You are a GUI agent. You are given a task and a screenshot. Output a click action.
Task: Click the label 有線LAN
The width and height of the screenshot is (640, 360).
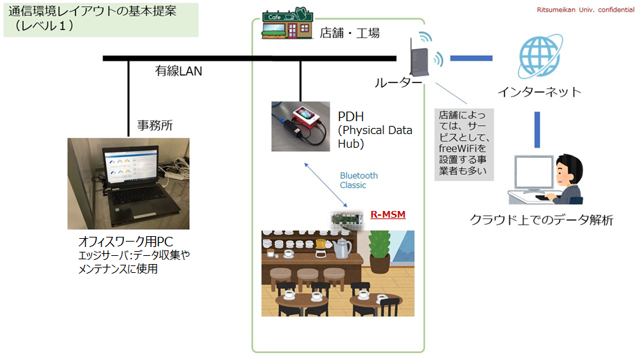[x=178, y=71]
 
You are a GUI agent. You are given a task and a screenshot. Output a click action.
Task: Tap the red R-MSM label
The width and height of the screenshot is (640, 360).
[x=387, y=215]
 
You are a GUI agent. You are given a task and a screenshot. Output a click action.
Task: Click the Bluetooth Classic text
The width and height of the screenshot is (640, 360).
[x=359, y=180]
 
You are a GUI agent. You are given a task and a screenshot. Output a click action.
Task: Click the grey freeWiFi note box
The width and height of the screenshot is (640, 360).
[x=463, y=143]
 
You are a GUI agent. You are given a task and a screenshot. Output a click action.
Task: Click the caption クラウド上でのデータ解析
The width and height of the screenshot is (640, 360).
[x=541, y=220]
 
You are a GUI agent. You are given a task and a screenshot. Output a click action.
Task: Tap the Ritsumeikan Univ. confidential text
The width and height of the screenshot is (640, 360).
[x=583, y=10]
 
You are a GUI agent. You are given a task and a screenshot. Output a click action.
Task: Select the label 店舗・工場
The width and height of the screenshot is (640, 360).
[x=349, y=32]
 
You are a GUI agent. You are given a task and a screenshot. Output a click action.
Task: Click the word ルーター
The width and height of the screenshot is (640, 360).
[x=398, y=82]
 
